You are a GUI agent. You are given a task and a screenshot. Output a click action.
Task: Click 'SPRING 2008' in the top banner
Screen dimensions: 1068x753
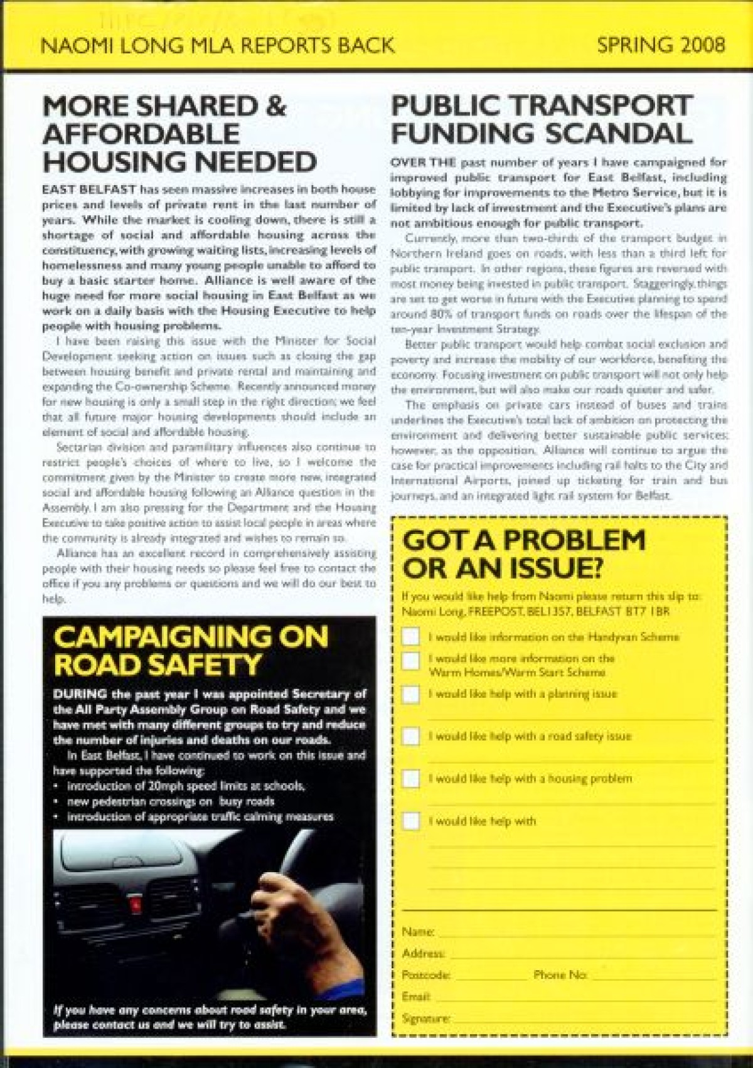(661, 45)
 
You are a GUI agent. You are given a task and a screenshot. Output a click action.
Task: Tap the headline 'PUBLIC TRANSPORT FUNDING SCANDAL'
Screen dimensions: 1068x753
(542, 119)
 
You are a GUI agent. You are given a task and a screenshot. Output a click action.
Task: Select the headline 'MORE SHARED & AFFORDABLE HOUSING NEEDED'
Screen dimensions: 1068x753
(179, 134)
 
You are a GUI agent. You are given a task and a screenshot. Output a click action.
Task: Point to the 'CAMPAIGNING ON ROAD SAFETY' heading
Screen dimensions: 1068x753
(191, 650)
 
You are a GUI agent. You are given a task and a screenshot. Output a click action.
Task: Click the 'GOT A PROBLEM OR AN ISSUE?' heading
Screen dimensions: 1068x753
(524, 554)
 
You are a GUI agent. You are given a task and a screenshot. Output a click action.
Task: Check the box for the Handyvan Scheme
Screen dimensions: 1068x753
(410, 637)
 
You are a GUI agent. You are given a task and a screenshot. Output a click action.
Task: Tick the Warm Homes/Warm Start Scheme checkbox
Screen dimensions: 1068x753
(410, 660)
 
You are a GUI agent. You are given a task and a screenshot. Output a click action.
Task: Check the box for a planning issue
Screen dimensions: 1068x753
(410, 694)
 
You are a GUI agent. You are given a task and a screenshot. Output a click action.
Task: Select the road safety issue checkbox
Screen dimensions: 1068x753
(410, 736)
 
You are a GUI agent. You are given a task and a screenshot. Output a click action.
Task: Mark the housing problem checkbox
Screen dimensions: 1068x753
(410, 779)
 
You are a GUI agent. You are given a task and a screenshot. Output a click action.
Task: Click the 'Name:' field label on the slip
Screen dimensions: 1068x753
(417, 932)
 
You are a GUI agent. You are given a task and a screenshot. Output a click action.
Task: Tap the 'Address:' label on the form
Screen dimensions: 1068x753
(423, 953)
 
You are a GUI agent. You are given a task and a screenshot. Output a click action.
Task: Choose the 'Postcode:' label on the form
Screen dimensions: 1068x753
(425, 975)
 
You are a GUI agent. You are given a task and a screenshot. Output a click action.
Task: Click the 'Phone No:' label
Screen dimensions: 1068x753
(560, 975)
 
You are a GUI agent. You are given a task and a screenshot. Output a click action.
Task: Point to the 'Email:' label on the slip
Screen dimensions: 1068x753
(415, 996)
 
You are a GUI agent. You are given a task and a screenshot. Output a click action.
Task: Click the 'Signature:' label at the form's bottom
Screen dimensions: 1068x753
(425, 1018)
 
